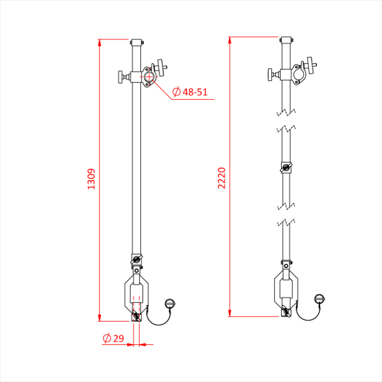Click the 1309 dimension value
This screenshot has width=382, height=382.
pyautogui.click(x=91, y=179)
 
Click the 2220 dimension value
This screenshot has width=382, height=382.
pyautogui.click(x=222, y=178)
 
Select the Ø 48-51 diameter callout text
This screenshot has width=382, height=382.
pyautogui.click(x=190, y=92)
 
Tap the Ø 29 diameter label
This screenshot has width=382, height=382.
pyautogui.click(x=114, y=338)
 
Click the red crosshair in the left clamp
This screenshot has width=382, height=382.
pyautogui.click(x=149, y=77)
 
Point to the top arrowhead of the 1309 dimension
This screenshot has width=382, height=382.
pyautogui.click(x=99, y=43)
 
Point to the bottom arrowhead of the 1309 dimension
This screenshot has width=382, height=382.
pyautogui.click(x=99, y=318)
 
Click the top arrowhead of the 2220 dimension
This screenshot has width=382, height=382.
pyautogui.click(x=230, y=40)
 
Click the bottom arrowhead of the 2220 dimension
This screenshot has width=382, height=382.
pyautogui.click(x=230, y=313)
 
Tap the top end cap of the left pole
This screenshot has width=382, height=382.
pyautogui.click(x=136, y=42)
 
